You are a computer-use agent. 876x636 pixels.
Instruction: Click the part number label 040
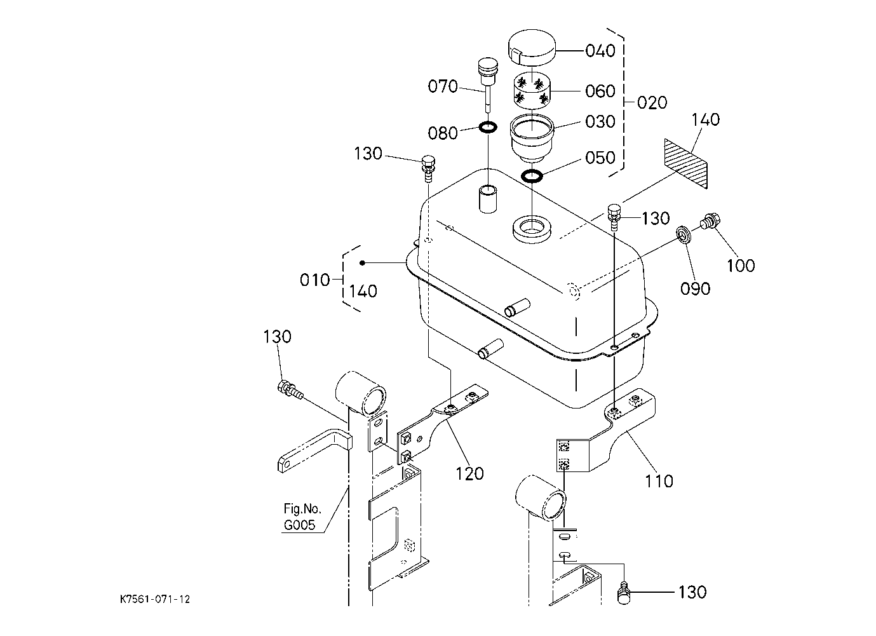pyautogui.click(x=600, y=50)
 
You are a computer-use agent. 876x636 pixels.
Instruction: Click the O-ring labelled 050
pyautogui.click(x=532, y=175)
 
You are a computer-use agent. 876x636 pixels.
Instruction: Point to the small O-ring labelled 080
pyautogui.click(x=488, y=127)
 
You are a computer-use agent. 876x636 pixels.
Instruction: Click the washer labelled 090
pyautogui.click(x=685, y=236)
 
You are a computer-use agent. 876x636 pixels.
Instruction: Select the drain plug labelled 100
pyautogui.click(x=710, y=223)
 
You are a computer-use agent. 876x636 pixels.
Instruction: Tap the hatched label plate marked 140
pyautogui.click(x=685, y=163)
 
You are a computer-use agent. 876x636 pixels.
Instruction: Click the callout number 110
pyautogui.click(x=659, y=481)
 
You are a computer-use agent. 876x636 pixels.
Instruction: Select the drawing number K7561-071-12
pyautogui.click(x=155, y=599)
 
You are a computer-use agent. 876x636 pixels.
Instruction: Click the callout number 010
pyautogui.click(x=314, y=280)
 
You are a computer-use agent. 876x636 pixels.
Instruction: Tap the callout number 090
pyautogui.click(x=695, y=288)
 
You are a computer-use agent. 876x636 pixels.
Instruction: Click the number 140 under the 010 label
pyautogui.click(x=363, y=291)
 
